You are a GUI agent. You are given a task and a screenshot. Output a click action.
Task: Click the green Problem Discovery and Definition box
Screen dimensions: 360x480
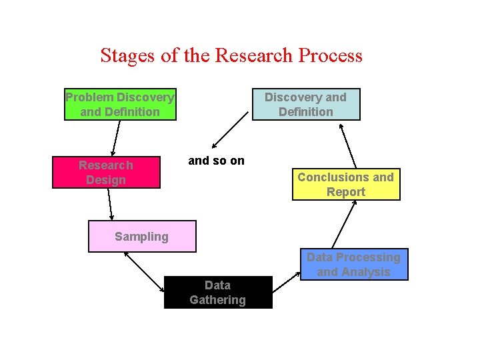tap(120, 105)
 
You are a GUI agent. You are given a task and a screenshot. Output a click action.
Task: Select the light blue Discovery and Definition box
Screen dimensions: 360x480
tap(306, 105)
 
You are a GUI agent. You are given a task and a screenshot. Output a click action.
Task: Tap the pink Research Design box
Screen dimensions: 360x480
tap(106, 173)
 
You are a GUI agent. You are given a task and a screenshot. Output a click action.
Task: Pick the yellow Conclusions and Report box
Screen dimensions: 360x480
tap(346, 185)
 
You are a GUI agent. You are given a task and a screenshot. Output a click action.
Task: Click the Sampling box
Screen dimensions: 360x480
tap(142, 237)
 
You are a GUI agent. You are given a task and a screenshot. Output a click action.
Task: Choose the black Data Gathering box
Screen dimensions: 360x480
tap(218, 293)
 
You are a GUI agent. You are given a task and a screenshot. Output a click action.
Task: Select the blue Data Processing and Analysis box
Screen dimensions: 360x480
tap(353, 265)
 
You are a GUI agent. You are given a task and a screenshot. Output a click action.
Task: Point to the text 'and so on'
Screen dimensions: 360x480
tap(217, 161)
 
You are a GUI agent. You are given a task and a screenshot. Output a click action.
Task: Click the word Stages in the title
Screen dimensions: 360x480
tap(128, 55)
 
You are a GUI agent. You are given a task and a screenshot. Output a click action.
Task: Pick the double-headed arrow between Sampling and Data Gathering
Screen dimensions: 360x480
tap(144, 272)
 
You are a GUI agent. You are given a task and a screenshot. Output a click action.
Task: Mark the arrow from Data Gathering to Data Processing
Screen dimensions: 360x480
tap(288, 280)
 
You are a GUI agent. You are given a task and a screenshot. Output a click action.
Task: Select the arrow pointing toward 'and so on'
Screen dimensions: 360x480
tap(230, 131)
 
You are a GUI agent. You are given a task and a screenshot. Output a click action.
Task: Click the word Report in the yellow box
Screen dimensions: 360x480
tap(346, 192)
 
